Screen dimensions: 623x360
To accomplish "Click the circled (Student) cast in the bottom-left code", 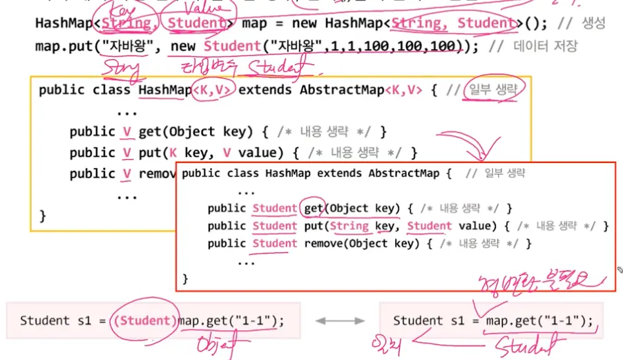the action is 146,321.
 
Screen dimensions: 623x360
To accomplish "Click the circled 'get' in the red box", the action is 311,208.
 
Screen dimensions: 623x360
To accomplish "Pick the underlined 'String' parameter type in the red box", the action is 349,226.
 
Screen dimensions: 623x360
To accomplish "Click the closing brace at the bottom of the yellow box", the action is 43,215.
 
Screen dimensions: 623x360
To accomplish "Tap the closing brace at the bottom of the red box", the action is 186,279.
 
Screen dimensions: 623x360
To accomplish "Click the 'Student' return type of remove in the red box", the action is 275,243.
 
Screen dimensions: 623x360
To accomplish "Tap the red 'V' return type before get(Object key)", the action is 126,131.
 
